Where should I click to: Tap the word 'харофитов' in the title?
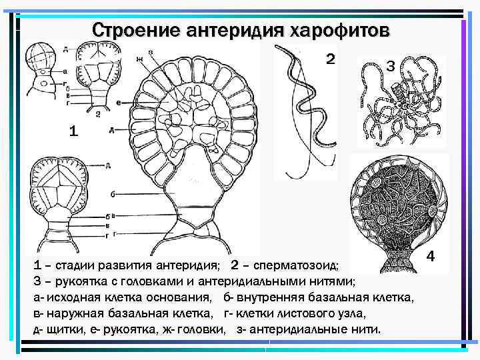[334, 31]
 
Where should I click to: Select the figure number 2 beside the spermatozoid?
[331, 59]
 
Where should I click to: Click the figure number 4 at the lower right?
[431, 255]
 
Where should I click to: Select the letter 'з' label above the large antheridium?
[151, 52]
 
